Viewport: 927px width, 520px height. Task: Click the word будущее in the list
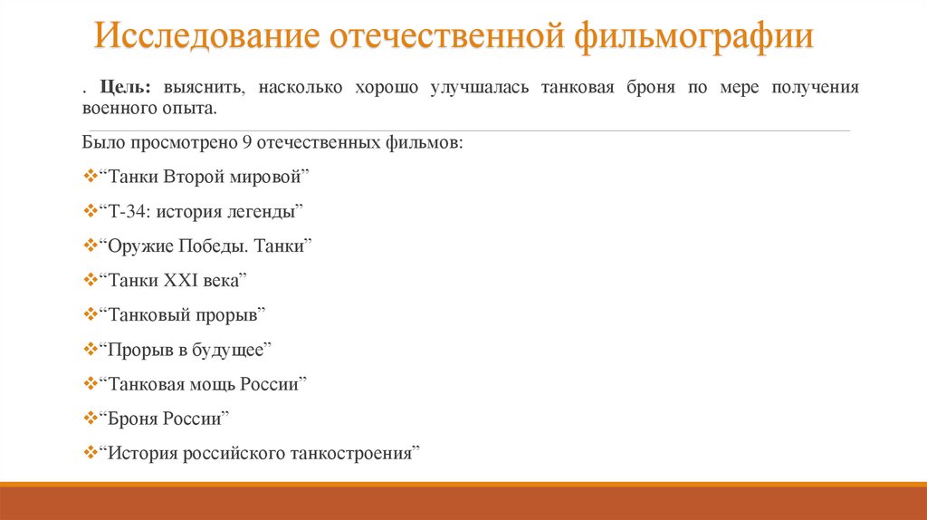pos(232,349)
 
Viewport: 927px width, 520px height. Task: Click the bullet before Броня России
pos(89,418)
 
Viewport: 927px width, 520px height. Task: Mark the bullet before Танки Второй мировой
pos(89,177)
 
